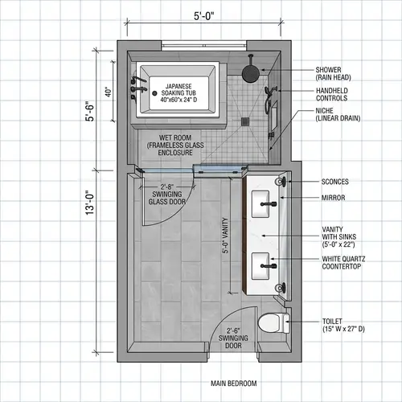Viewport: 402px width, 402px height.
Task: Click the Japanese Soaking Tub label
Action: click(178, 92)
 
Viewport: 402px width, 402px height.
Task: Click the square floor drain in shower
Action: click(244, 121)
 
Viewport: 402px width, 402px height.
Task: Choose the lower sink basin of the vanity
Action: click(263, 265)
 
